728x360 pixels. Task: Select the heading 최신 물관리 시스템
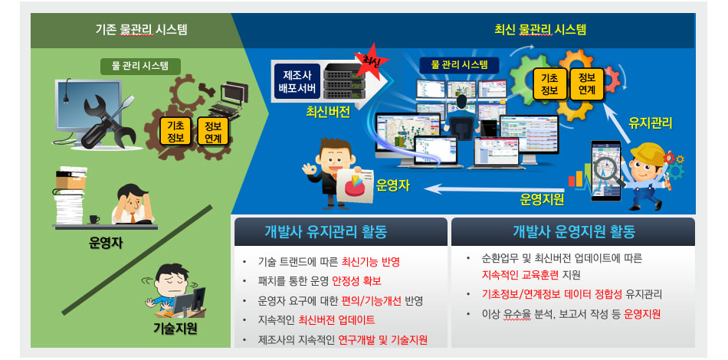point(540,31)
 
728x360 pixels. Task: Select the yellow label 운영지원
point(542,200)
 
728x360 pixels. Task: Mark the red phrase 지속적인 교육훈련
point(520,275)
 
